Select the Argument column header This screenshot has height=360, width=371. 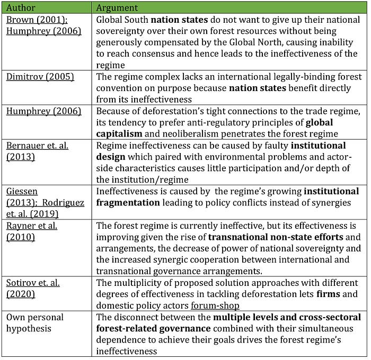tap(117, 8)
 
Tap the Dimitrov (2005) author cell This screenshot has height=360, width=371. tap(40, 77)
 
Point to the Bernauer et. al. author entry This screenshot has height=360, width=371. tap(37, 146)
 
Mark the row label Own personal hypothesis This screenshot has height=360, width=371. tap(35, 322)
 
